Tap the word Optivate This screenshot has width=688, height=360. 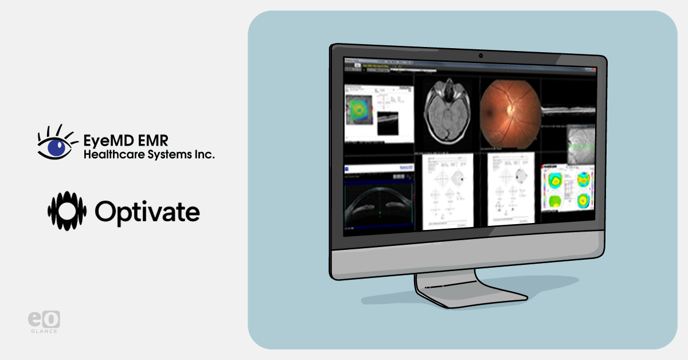147,212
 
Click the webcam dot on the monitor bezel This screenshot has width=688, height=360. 480,56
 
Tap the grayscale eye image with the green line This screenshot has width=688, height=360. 580,144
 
